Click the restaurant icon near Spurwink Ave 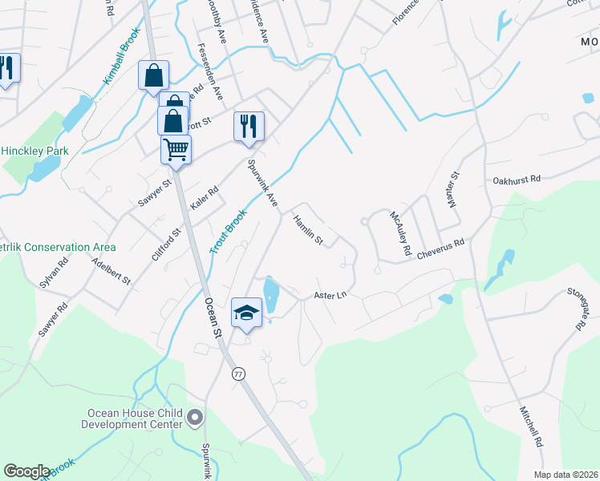[x=249, y=126]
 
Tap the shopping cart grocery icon [x=176, y=148]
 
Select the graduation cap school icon [x=246, y=313]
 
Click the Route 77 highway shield [x=238, y=374]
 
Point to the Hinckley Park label [x=34, y=151]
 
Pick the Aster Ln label [x=330, y=295]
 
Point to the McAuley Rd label [x=401, y=234]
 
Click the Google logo [x=26, y=471]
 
